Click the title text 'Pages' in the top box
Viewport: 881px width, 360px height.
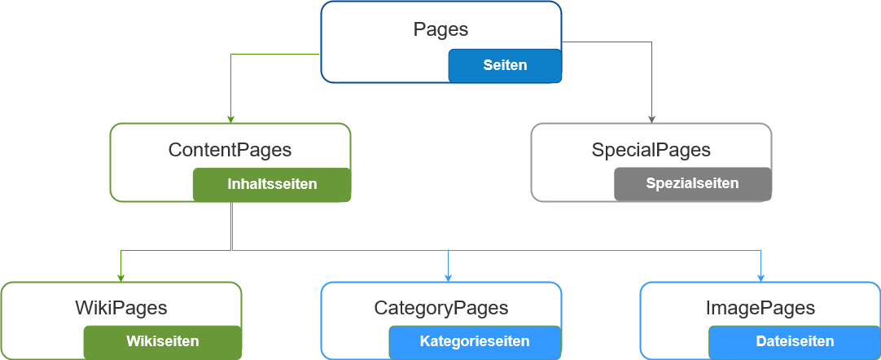pos(440,29)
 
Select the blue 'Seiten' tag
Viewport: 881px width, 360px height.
pos(505,65)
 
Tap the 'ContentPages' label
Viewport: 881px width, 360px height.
pos(230,150)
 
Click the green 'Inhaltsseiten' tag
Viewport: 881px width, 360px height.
pos(271,184)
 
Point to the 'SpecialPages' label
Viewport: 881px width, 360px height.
pos(651,150)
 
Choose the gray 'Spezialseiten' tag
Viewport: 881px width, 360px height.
pos(692,183)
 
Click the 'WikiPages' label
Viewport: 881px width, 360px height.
pos(121,308)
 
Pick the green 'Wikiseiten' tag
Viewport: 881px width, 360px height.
pos(162,341)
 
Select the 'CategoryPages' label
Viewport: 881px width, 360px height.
pos(440,308)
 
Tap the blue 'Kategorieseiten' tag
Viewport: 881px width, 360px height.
pos(475,341)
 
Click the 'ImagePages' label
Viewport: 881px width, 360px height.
pos(760,308)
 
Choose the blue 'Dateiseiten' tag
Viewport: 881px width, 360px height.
pos(794,341)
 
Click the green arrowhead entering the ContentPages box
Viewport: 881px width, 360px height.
pos(231,119)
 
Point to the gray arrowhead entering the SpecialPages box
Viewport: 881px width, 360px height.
pos(651,119)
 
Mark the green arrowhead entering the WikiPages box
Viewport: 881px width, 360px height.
pos(121,277)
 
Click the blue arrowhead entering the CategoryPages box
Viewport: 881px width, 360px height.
pos(448,277)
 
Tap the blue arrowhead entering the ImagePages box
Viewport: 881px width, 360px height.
pos(760,277)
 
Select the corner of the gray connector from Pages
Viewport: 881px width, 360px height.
pos(651,42)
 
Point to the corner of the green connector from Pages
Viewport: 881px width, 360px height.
pos(231,55)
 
